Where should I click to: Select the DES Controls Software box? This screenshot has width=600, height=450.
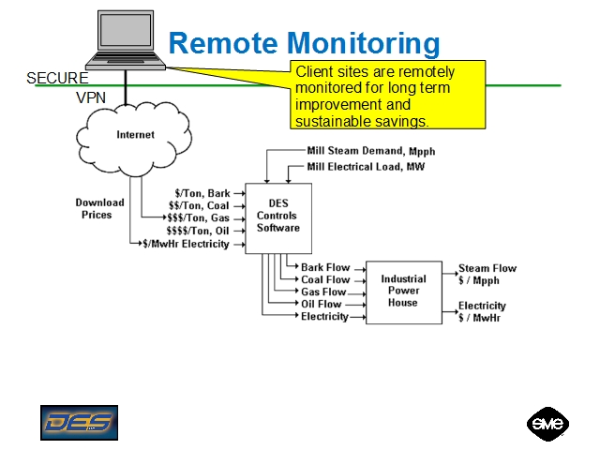pos(277,217)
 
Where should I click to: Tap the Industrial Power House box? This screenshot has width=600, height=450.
pos(403,292)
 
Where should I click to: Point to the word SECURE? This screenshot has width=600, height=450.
pos(57,79)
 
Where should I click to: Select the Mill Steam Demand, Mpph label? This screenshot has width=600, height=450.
pos(371,151)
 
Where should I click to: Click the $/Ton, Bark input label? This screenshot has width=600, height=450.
pos(202,194)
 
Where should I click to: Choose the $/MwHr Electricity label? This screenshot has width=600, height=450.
pos(186,244)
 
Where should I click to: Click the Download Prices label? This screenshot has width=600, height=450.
pos(99,208)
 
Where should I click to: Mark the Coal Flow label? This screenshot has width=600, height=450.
pos(325,279)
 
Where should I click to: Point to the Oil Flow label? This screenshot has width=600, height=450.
pos(322,304)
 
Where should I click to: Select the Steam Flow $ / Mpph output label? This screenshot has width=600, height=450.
pos(487,274)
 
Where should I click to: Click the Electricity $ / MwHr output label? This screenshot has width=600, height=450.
pos(482,311)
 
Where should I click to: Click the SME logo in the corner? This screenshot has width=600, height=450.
pos(547,423)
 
